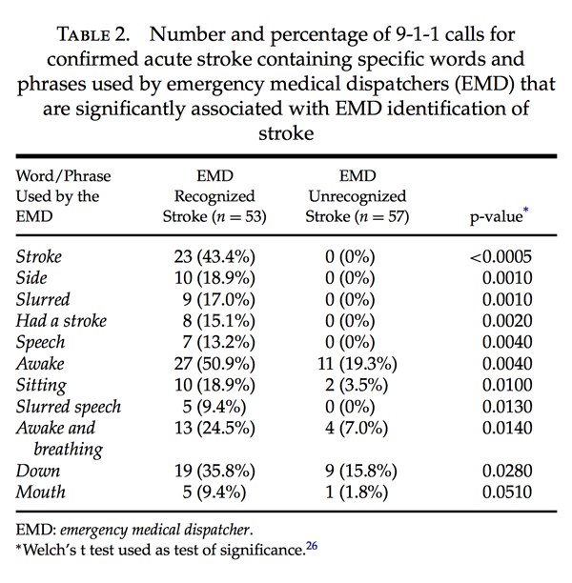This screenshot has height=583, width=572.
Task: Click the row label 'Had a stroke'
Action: pyautogui.click(x=61, y=320)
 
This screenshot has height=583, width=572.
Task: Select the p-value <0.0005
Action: pyautogui.click(x=500, y=256)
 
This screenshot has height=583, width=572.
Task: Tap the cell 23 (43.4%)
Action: pyautogui.click(x=214, y=256)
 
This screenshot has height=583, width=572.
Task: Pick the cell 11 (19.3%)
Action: pyautogui.click(x=357, y=364)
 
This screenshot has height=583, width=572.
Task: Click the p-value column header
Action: pyautogui.click(x=499, y=215)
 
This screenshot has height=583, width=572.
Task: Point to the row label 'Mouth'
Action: pyautogui.click(x=41, y=492)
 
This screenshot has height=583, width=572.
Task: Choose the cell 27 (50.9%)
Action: pyautogui.click(x=214, y=364)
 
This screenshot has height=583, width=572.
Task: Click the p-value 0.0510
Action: pyautogui.click(x=507, y=492)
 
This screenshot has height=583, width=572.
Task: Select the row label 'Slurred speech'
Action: pyautogui.click(x=69, y=407)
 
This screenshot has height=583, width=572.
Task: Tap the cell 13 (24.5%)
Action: pyautogui.click(x=214, y=428)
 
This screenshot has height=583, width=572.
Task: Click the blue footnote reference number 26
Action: pyautogui.click(x=312, y=546)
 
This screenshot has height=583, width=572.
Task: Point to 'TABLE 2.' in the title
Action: pyautogui.click(x=93, y=34)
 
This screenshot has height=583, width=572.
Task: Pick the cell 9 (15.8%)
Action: pyautogui.click(x=361, y=471)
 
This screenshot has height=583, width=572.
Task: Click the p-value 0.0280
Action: pyautogui.click(x=507, y=471)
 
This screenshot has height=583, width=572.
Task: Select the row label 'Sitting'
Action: pyautogui.click(x=41, y=386)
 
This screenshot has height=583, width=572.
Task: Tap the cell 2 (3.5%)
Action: pyautogui.click(x=357, y=385)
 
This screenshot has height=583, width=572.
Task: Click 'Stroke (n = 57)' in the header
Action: pyautogui.click(x=357, y=216)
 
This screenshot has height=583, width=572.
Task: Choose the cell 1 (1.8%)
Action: pyautogui.click(x=357, y=492)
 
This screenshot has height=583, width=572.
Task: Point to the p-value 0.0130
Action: pyautogui.click(x=507, y=407)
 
